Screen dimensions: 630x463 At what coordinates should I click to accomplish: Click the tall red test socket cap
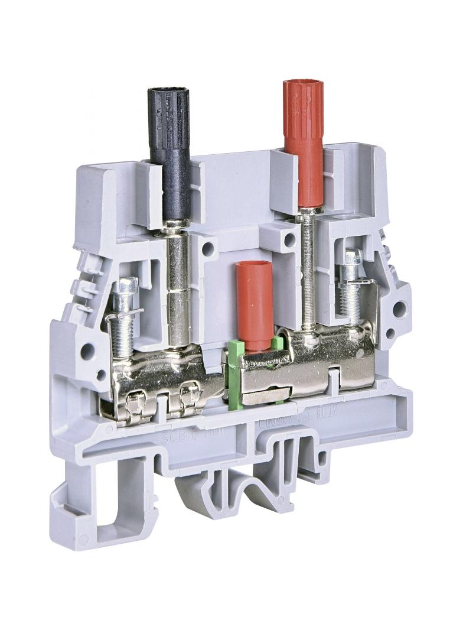(x=302, y=136)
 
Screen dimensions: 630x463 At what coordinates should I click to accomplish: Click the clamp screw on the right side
(x=353, y=290)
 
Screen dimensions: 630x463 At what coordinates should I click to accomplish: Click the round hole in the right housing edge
(x=400, y=307)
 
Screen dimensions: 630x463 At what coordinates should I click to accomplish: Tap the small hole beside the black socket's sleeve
(x=208, y=249)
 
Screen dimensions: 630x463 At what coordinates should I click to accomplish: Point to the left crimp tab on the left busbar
(x=135, y=404)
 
